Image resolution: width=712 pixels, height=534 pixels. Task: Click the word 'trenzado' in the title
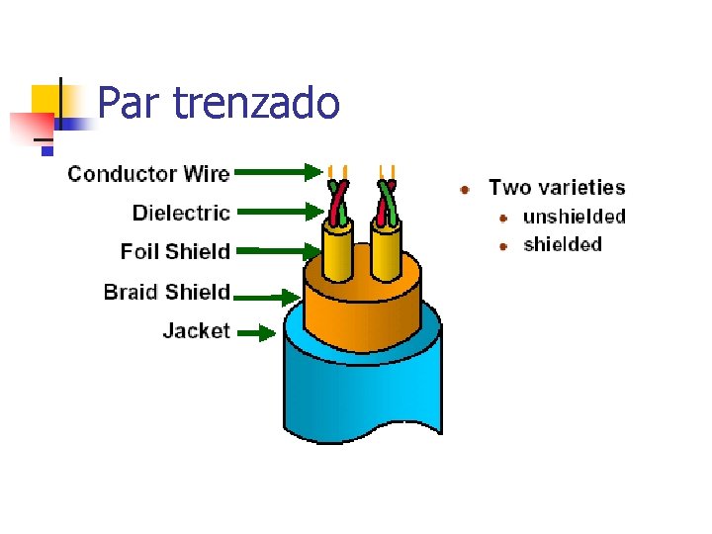(256, 103)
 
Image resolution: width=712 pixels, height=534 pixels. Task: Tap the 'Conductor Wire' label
(148, 175)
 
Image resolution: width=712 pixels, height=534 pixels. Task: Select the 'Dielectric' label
(181, 213)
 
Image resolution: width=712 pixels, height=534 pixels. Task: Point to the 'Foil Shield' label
(175, 252)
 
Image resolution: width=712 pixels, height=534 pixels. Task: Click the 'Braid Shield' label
(166, 292)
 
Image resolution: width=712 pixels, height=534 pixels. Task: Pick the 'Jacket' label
(196, 331)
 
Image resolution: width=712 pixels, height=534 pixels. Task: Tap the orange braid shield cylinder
(361, 311)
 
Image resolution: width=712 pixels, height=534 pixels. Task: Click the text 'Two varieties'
(557, 187)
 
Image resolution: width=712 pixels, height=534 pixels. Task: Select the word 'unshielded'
(574, 217)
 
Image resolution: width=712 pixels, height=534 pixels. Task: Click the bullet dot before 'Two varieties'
(465, 188)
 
